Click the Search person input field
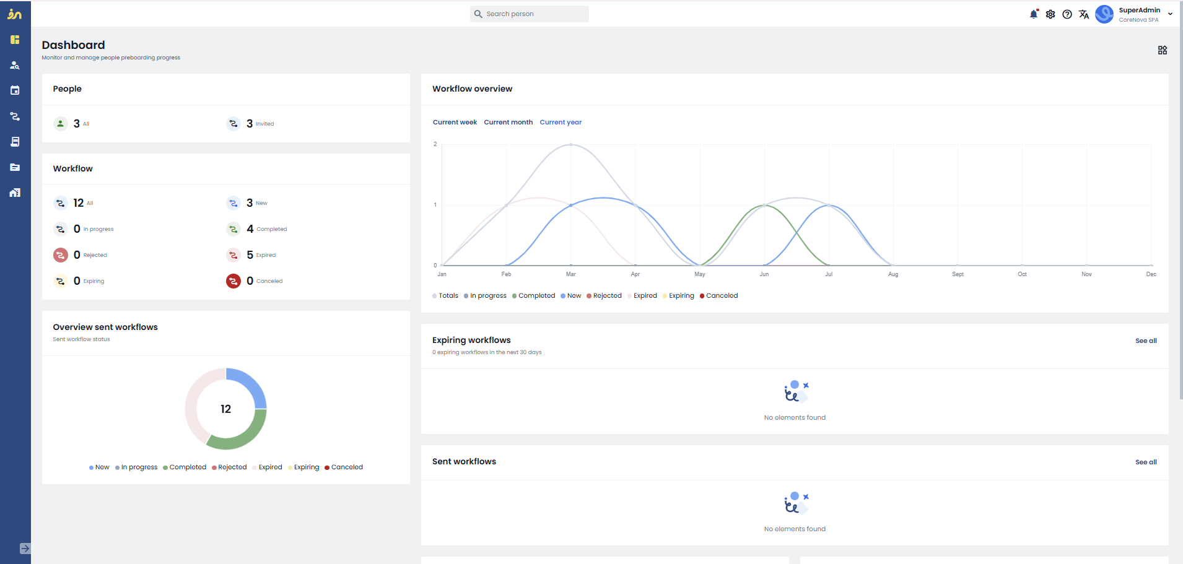(529, 14)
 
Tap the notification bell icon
(1034, 14)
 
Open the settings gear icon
(1050, 14)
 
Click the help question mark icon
(1067, 14)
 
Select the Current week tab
(455, 122)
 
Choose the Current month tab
(508, 122)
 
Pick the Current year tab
(561, 122)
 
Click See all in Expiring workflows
(1146, 341)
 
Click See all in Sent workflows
(1146, 462)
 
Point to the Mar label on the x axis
(570, 274)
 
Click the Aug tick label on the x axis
(893, 274)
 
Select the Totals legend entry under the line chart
(445, 295)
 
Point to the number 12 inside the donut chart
(225, 409)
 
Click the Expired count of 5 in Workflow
(250, 254)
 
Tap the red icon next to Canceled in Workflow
(234, 281)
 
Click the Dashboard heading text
(73, 45)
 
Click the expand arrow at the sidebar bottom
(25, 549)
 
